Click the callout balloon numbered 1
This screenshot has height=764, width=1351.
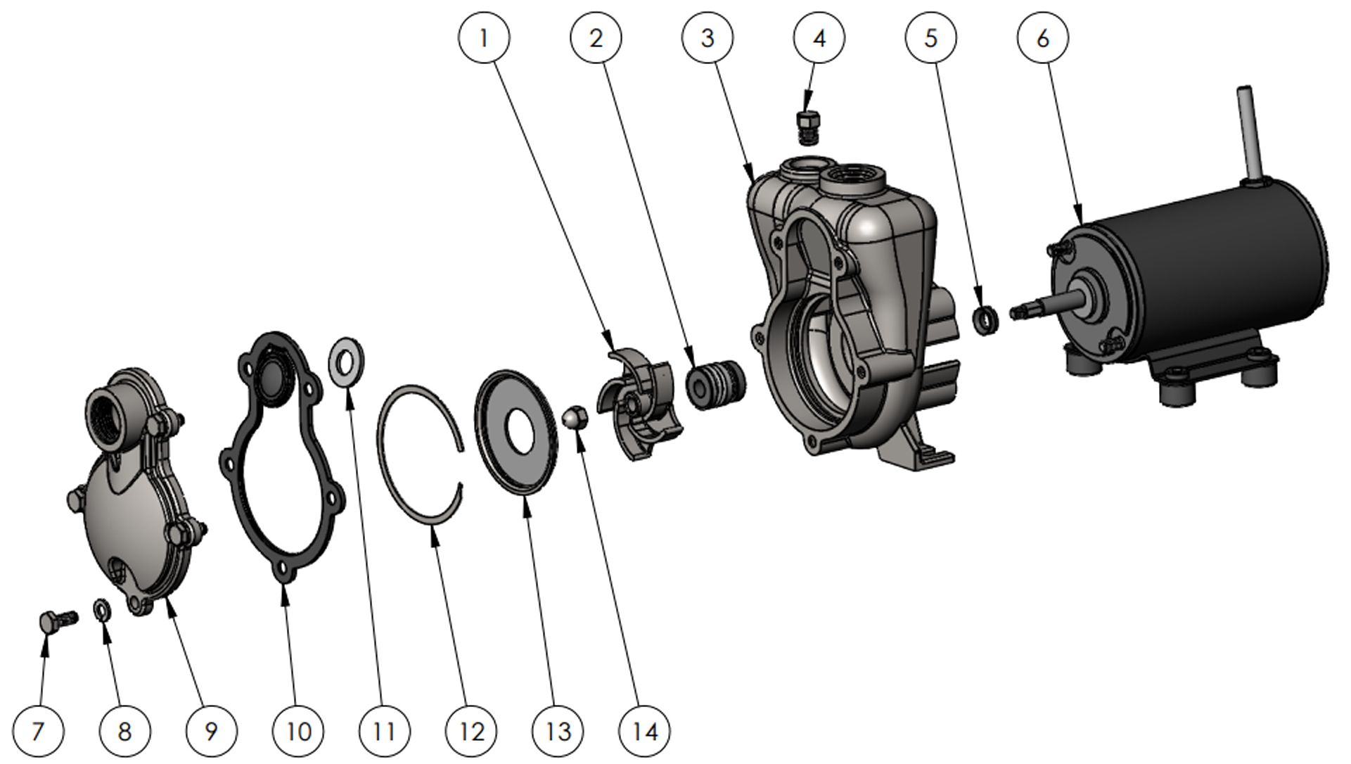click(x=483, y=37)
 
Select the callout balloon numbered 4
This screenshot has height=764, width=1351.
click(x=819, y=37)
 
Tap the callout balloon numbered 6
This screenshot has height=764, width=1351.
click(x=1042, y=37)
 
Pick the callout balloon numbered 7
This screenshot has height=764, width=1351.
click(x=38, y=731)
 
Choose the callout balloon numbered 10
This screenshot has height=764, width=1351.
click(x=298, y=731)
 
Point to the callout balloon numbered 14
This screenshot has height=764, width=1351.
click(x=644, y=731)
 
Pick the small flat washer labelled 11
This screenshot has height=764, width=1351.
click(x=346, y=362)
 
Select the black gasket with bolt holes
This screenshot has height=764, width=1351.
click(x=281, y=457)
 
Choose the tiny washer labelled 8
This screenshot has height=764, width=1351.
click(x=101, y=609)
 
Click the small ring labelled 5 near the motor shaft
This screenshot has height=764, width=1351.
click(x=986, y=320)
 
